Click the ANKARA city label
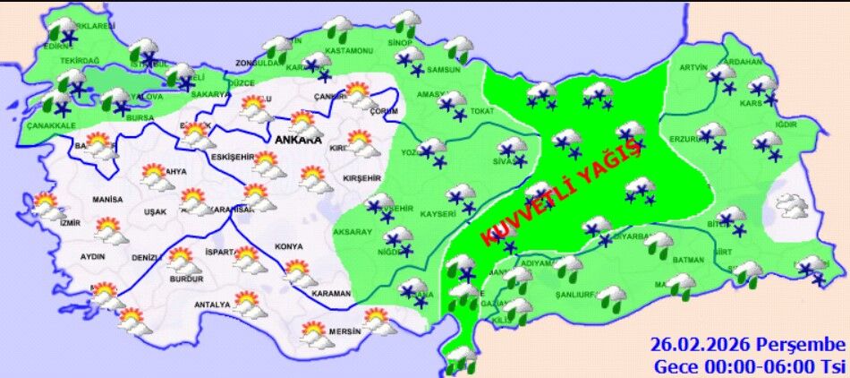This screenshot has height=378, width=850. pyautogui.click(x=298, y=141)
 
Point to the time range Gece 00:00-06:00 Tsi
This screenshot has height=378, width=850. pyautogui.click(x=749, y=365)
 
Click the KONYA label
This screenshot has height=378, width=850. pyautogui.click(x=289, y=246)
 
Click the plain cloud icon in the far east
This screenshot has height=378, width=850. pyautogui.click(x=792, y=207)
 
